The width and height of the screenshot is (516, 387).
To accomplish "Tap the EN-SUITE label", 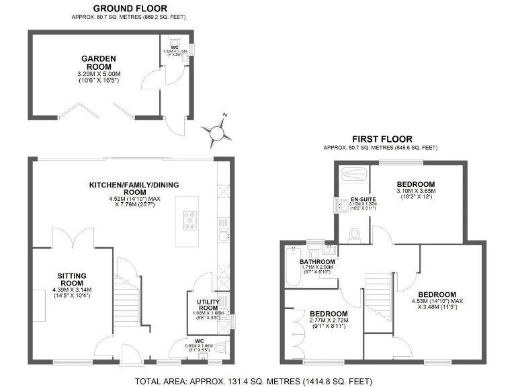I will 349,200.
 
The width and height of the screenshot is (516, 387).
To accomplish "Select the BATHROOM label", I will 317,262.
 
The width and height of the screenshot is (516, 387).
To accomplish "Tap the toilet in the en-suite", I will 354,234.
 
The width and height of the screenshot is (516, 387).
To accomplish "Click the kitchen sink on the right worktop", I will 222,234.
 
